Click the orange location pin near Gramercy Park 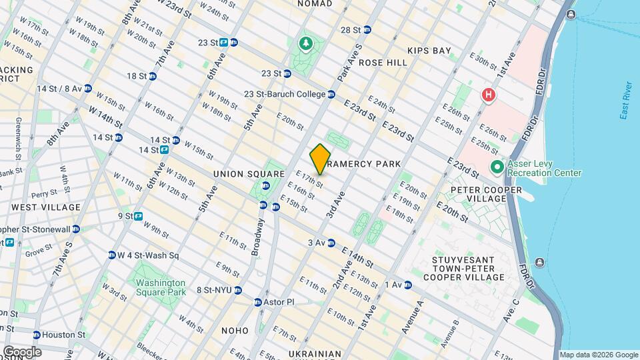click(x=320, y=159)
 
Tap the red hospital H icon click(x=489, y=95)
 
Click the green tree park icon click(x=306, y=44)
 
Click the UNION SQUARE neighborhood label click(x=239, y=174)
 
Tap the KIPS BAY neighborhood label click(x=429, y=51)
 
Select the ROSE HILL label click(x=383, y=62)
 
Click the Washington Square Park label click(x=160, y=287)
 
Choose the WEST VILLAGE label click(x=46, y=207)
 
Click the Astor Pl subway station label click(x=280, y=302)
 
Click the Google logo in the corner click(x=21, y=352)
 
